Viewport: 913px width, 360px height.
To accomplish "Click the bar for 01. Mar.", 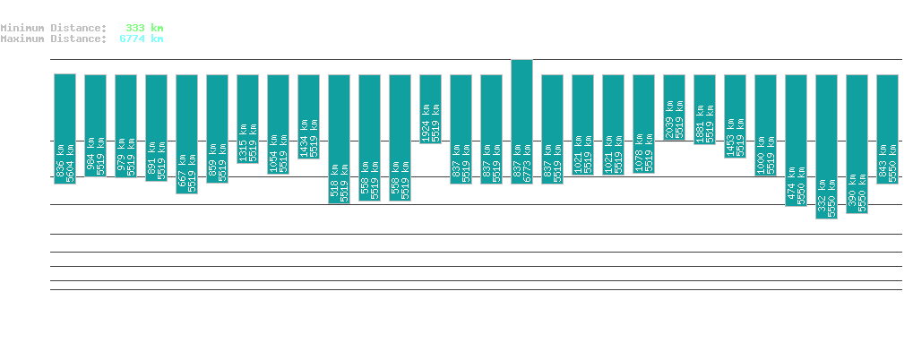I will (x=521, y=122).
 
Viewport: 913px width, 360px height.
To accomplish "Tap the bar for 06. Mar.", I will (x=674, y=107).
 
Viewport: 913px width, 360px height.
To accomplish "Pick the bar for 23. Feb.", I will (x=339, y=139).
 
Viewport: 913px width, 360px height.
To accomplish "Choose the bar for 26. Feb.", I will (x=430, y=108).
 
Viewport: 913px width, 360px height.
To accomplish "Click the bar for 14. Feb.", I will (x=65, y=129).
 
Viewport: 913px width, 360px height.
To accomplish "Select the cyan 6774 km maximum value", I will (x=142, y=39).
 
